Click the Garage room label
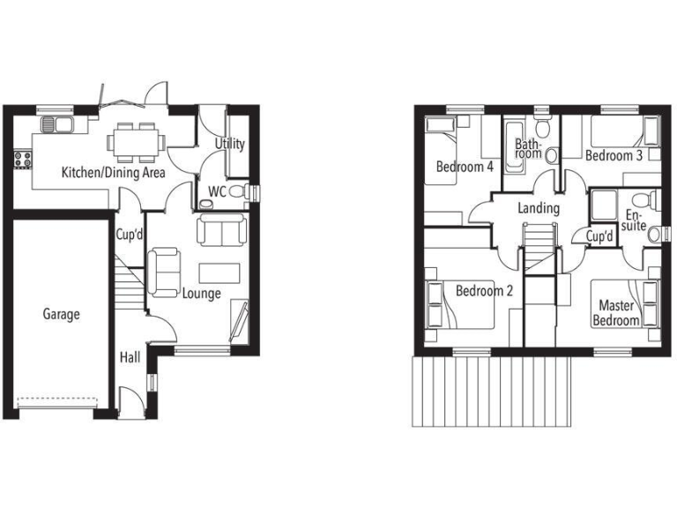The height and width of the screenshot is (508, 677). tap(62, 314)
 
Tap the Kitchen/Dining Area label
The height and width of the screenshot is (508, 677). tap(113, 173)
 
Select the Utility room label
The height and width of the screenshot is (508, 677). tap(230, 145)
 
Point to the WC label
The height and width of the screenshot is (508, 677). tap(217, 191)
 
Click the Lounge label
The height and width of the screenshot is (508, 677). tap(201, 294)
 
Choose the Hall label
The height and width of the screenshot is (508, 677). tap(130, 357)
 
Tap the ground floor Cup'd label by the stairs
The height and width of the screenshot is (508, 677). tap(130, 235)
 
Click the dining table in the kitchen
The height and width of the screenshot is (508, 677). tap(137, 140)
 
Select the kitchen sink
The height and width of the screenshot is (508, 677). tap(58, 124)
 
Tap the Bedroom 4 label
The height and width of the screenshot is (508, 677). tap(465, 167)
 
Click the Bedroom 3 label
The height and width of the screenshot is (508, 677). tap(614, 156)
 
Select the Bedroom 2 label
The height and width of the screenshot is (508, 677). tap(484, 291)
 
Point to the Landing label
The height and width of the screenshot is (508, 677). tap(539, 209)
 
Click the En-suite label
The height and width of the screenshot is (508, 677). tap(635, 221)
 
